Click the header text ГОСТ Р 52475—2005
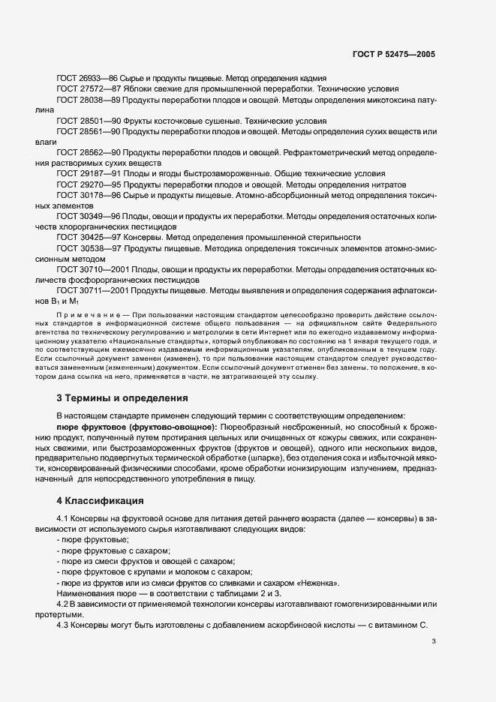point(395,55)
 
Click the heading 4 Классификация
point(100,499)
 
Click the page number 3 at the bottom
point(433,661)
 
